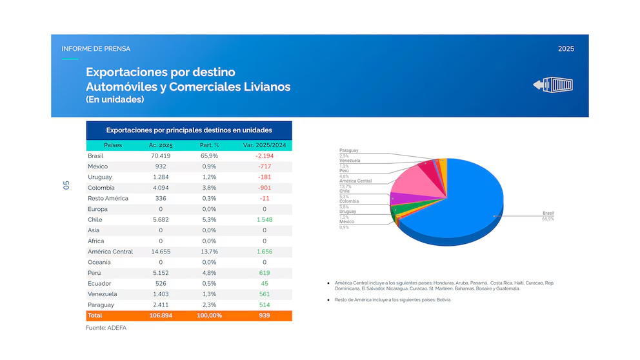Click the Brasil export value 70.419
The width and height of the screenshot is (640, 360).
(x=161, y=156)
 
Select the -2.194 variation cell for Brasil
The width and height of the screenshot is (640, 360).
(x=265, y=156)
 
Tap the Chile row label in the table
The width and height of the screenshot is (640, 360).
(x=95, y=220)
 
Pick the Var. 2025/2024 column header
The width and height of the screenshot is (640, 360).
(x=265, y=145)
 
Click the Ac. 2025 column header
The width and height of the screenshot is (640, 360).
(x=161, y=145)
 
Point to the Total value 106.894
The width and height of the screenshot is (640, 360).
(x=161, y=315)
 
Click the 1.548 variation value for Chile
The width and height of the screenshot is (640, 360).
(x=265, y=220)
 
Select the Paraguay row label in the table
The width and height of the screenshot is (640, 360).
(x=101, y=305)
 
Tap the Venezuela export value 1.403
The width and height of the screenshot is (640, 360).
(x=161, y=294)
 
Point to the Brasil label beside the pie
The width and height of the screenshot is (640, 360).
(x=548, y=214)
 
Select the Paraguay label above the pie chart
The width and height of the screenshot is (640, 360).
(x=349, y=150)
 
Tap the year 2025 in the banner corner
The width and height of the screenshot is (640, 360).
(x=566, y=49)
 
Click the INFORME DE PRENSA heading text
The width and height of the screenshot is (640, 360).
(x=95, y=49)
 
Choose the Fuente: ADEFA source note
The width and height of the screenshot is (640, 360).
(x=107, y=328)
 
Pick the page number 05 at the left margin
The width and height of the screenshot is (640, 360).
(x=66, y=185)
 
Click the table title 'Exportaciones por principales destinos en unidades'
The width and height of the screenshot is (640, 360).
(x=189, y=130)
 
